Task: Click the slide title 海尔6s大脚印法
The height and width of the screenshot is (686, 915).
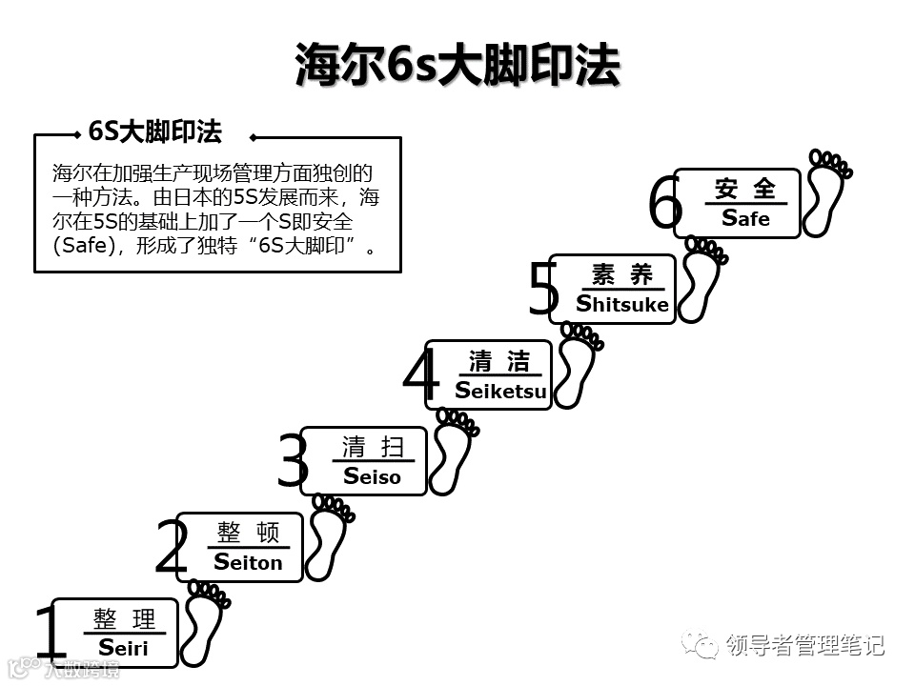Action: pyautogui.click(x=457, y=65)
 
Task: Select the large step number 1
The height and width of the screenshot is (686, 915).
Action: pyautogui.click(x=48, y=634)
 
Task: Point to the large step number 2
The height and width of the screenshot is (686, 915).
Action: pyautogui.click(x=172, y=548)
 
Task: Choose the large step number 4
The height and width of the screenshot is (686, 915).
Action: pyautogui.click(x=420, y=376)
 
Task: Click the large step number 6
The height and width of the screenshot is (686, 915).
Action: pyautogui.click(x=665, y=204)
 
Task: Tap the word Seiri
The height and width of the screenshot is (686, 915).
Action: pyautogui.click(x=123, y=648)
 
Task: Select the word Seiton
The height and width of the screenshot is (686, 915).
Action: pyautogui.click(x=248, y=562)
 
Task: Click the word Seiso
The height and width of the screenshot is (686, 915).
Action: pyautogui.click(x=372, y=476)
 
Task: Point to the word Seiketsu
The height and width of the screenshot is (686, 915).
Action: pyautogui.click(x=500, y=391)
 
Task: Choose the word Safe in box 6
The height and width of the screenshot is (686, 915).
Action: pyautogui.click(x=745, y=218)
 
